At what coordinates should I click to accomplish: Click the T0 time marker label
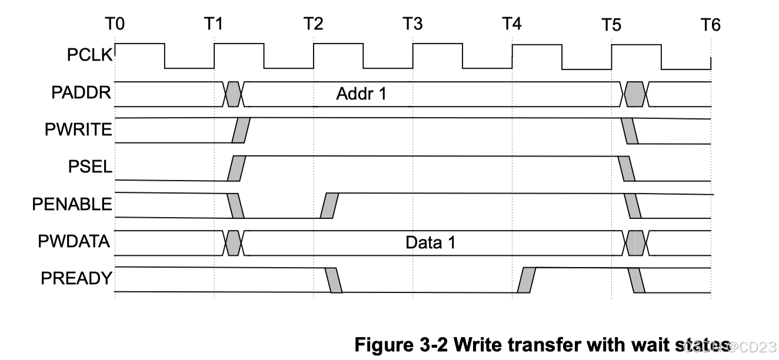pyautogui.click(x=115, y=25)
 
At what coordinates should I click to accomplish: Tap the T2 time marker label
pyautogui.click(x=313, y=25)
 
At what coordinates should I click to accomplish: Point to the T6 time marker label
pyautogui.click(x=710, y=25)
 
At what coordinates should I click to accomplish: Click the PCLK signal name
pyautogui.click(x=89, y=56)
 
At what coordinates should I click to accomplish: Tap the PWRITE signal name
pyautogui.click(x=78, y=130)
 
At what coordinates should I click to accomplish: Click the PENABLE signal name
pyautogui.click(x=72, y=205)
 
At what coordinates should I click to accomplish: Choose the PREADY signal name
pyautogui.click(x=76, y=278)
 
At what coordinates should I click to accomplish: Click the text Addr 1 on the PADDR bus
pyautogui.click(x=361, y=94)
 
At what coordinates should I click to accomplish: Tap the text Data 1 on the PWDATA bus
pyautogui.click(x=431, y=242)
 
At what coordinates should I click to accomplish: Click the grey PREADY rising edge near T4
pyautogui.click(x=527, y=279)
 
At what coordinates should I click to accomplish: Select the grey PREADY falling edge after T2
pyautogui.click(x=334, y=279)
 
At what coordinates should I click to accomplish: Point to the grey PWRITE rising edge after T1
pyautogui.click(x=241, y=131)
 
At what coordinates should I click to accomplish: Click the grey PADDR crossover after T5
pyautogui.click(x=635, y=94)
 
